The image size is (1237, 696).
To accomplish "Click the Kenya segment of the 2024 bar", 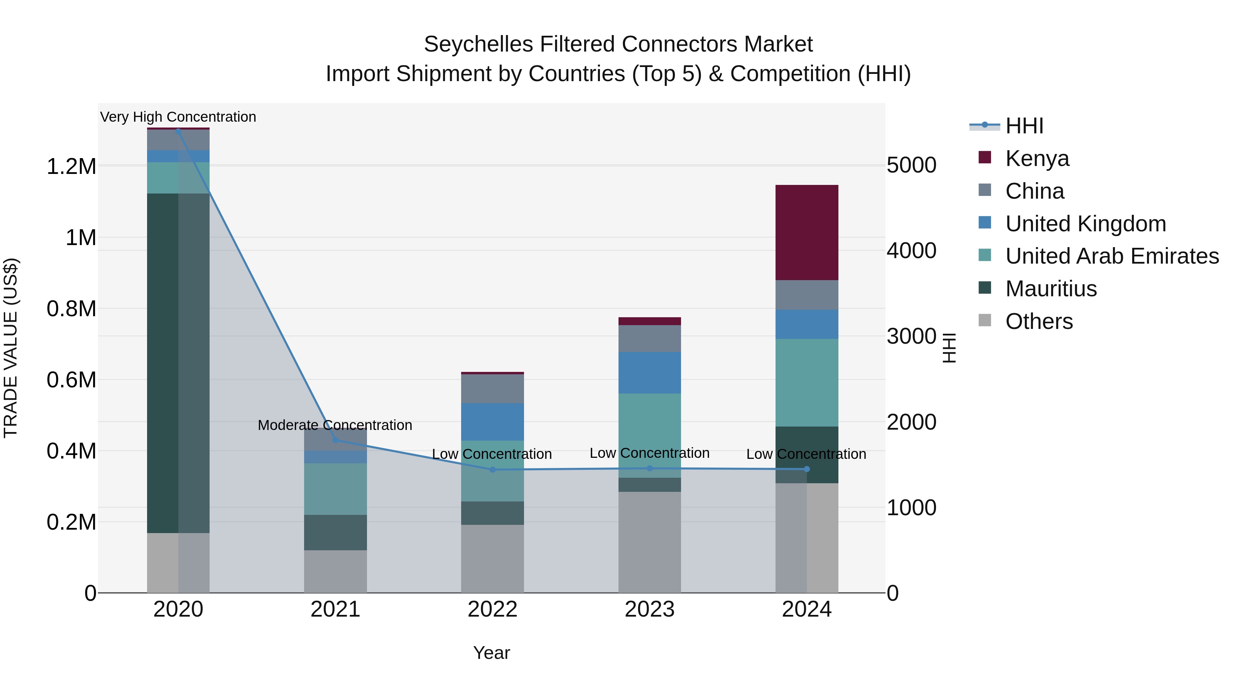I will click(807, 232).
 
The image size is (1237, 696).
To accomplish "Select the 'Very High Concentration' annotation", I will click(178, 117).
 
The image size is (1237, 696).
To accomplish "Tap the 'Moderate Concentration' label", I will click(335, 425).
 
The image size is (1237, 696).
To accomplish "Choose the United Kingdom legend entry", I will click(1085, 224).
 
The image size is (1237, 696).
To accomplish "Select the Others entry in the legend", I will click(1039, 321).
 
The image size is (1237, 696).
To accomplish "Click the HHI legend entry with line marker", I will click(1024, 126).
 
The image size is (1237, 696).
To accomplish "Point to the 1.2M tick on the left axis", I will click(71, 167).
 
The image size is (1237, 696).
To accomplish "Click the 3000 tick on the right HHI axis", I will click(911, 336).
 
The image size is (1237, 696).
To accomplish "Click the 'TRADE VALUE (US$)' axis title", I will click(11, 348).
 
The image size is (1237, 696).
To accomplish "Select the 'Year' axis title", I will click(491, 653).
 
